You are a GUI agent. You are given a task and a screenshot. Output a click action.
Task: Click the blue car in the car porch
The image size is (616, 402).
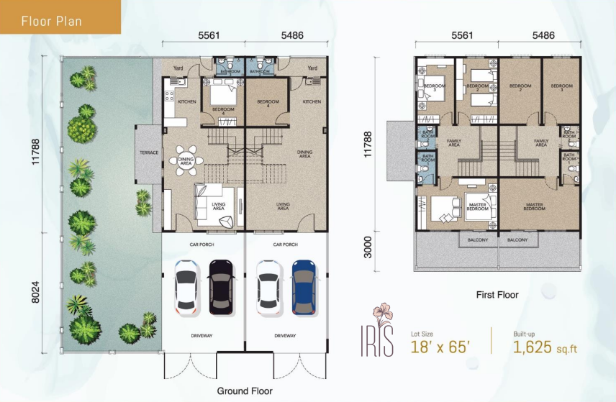pyautogui.click(x=304, y=286)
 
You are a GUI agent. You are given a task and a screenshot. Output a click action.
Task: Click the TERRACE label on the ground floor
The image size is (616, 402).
pyautogui.click(x=149, y=152)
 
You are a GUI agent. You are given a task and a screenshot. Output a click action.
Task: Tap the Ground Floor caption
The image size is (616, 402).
pyautogui.click(x=245, y=391)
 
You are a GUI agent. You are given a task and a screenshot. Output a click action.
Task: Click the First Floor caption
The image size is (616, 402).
pyautogui.click(x=497, y=295)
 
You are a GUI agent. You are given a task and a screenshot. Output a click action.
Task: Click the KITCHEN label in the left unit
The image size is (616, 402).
pyautogui.click(x=186, y=102)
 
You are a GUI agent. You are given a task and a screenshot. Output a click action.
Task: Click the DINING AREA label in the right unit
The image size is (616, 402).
pyautogui.click(x=305, y=154)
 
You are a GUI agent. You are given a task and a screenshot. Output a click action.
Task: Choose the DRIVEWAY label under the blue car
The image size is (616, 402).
pyautogui.click(x=286, y=336)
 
